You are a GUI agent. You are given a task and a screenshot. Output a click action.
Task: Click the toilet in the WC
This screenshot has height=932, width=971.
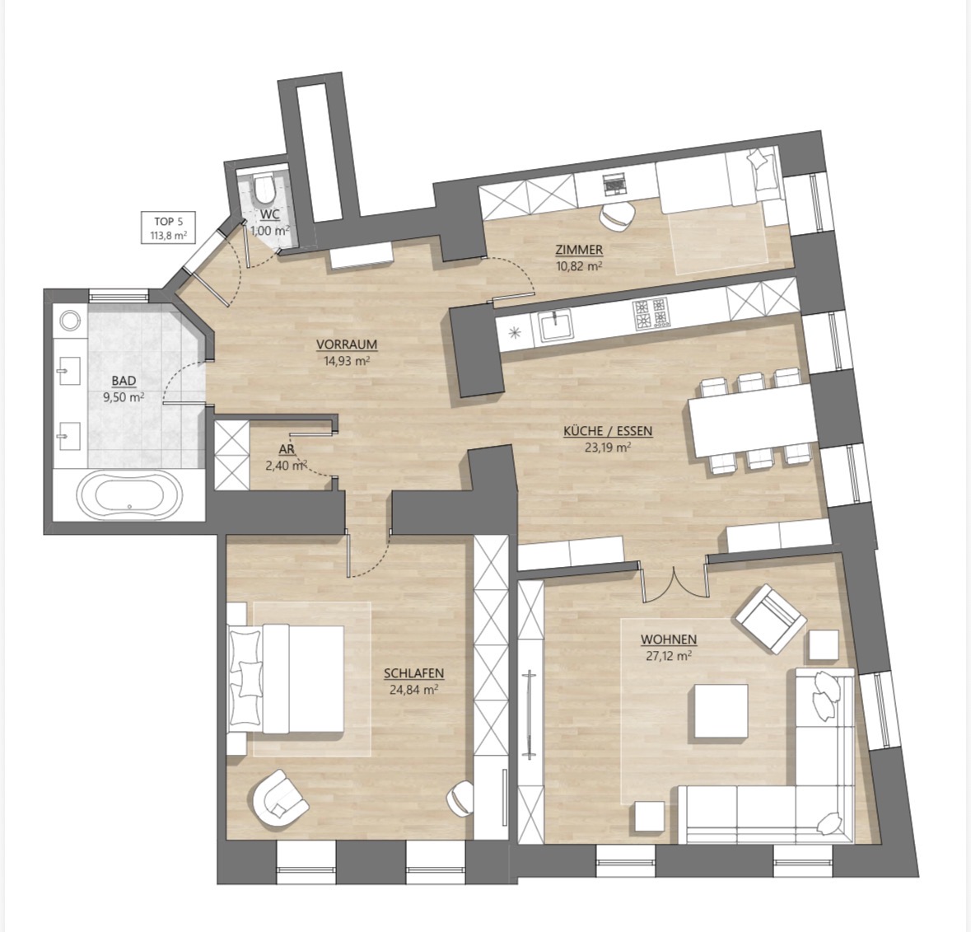click(264, 189)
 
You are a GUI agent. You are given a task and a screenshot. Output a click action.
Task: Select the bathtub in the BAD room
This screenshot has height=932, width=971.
click(129, 495)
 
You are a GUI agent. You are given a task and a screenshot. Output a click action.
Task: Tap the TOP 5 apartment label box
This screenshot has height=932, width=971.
click(165, 228)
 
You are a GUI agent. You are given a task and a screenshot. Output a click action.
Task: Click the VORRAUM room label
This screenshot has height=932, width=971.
click(347, 344)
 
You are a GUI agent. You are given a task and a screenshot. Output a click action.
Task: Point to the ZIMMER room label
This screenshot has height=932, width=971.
click(579, 250)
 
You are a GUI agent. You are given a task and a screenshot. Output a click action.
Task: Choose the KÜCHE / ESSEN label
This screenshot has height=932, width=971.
click(608, 431)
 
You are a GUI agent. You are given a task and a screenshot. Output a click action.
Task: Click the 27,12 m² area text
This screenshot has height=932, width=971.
click(669, 656)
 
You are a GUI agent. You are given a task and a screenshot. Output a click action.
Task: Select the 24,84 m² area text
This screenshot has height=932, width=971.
click(413, 689)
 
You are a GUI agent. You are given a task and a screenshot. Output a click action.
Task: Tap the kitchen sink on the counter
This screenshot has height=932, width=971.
click(555, 325)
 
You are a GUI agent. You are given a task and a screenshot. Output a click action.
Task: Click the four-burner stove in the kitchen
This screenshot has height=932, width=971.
click(651, 313)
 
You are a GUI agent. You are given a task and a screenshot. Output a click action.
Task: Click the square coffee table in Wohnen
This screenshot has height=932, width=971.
click(720, 711)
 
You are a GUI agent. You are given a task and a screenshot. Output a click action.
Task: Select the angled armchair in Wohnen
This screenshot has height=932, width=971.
click(770, 618)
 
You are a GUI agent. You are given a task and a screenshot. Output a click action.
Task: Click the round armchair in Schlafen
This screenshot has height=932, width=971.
click(280, 799)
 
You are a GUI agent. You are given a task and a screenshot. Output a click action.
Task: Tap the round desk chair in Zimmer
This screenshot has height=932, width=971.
click(617, 216)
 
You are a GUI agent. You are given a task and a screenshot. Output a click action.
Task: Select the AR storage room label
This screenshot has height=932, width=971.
click(286, 449)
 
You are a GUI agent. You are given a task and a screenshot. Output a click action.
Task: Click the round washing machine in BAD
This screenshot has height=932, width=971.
click(70, 321)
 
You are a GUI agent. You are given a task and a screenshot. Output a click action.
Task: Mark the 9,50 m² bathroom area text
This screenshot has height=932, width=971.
click(124, 397)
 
